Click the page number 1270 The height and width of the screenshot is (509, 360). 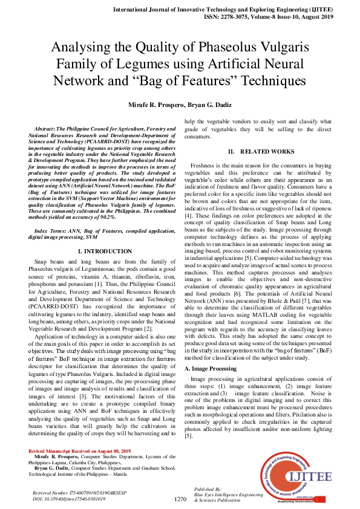point(180,499)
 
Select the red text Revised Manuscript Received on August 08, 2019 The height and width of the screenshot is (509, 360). point(79,452)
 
